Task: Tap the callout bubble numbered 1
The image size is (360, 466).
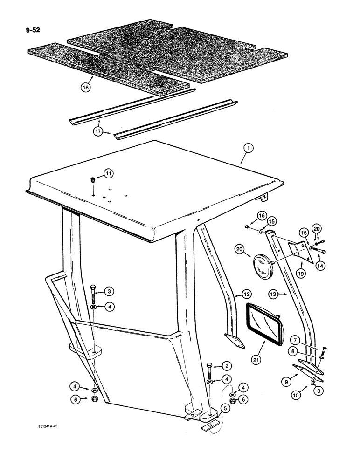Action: click(248, 149)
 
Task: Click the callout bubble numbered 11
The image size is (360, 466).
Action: click(108, 174)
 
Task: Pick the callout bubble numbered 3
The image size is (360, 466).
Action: click(108, 292)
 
